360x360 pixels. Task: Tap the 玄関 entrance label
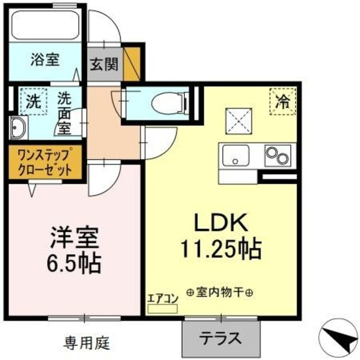104,64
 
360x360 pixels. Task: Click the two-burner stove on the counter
277,154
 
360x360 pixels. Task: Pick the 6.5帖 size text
74,262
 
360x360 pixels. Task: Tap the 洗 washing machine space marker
33,103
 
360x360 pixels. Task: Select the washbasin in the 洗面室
18,128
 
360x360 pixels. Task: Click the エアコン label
162,299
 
